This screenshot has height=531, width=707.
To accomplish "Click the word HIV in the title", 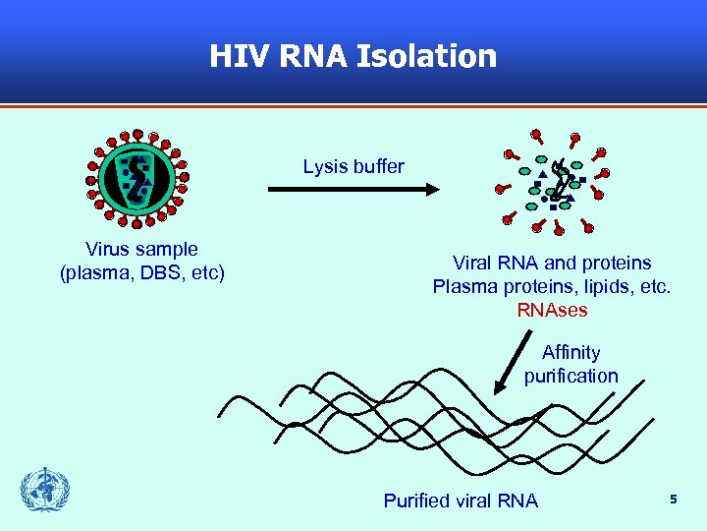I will (x=240, y=56).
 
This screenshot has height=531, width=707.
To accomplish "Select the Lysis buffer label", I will (x=353, y=166).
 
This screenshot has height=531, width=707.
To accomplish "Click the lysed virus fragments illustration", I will (x=555, y=182).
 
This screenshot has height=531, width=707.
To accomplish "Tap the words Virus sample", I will (x=141, y=250).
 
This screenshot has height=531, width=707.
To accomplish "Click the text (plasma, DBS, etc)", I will (x=142, y=272).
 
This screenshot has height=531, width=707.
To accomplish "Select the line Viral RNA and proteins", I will (x=552, y=263).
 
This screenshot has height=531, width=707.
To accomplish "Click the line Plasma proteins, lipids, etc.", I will (x=552, y=286).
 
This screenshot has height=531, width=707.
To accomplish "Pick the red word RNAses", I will (x=552, y=310).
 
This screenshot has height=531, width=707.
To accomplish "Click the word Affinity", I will (x=571, y=352).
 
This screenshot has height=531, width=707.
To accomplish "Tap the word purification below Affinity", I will (x=571, y=376).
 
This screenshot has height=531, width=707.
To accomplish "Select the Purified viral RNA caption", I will (x=461, y=501).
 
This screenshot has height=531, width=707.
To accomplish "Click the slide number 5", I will (x=674, y=500).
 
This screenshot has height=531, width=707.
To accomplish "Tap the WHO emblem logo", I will (x=46, y=489).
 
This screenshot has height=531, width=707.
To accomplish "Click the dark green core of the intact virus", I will (x=136, y=175).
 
